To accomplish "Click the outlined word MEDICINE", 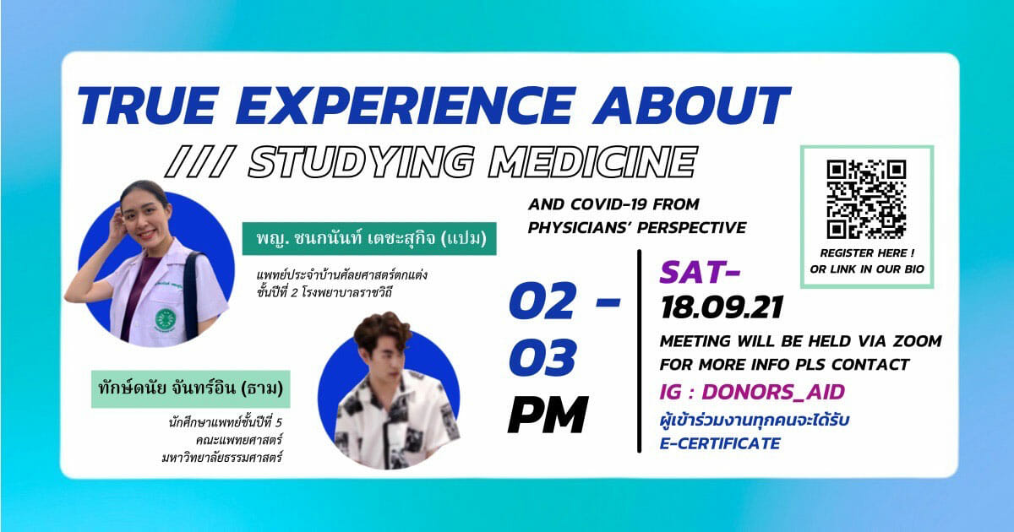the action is click(593, 161).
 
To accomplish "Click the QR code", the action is click(866, 199).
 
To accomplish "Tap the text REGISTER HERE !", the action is click(867, 252).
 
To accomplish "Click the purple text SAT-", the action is click(700, 272).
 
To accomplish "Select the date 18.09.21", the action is click(722, 308).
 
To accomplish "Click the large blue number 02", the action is click(542, 301).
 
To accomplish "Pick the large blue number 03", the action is click(542, 357).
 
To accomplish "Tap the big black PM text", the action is click(548, 415).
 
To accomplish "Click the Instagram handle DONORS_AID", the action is click(773, 392).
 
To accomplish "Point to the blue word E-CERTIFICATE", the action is click(720, 443).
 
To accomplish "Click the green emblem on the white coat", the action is click(166, 319).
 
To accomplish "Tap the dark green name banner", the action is click(369, 238).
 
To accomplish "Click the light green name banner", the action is click(191, 389).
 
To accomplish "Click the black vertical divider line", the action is click(639, 350).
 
